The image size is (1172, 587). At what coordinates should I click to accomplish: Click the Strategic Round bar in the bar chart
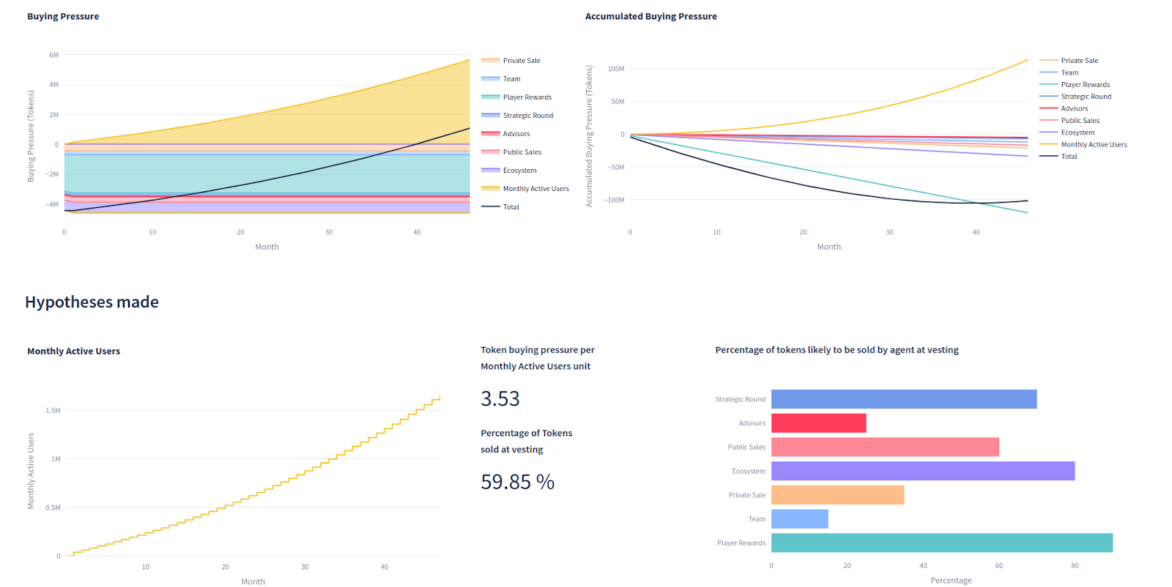point(903,399)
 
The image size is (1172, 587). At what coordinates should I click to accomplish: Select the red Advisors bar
point(818,423)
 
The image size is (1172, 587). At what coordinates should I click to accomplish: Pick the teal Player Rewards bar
point(941,543)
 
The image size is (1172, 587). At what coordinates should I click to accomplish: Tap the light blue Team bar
point(799,519)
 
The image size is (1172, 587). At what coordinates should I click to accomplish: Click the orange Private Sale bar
point(837,495)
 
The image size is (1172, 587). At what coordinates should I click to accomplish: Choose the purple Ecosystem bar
point(922,471)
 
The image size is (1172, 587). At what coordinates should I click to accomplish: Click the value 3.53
point(500,399)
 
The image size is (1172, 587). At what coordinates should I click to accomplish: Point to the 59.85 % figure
point(517,482)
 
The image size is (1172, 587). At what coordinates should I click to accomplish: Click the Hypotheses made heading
point(92,302)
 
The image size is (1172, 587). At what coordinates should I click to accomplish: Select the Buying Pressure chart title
point(63,16)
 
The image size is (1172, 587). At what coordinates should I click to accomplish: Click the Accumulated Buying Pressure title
point(650,16)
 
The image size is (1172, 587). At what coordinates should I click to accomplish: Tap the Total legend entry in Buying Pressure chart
point(511,207)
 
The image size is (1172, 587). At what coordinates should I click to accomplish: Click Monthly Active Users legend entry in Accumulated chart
point(1094,145)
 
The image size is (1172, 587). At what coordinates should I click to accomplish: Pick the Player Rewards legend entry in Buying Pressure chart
point(527,97)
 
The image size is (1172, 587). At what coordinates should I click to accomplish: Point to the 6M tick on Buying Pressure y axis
point(53,55)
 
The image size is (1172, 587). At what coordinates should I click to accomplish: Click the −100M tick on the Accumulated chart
point(614,200)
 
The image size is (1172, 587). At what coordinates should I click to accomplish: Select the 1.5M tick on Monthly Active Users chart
point(53,411)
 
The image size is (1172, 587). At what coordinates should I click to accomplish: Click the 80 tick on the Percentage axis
point(1075,566)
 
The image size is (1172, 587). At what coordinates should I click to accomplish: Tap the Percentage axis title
point(951,580)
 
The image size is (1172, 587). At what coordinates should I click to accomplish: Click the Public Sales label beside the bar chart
point(746,447)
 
